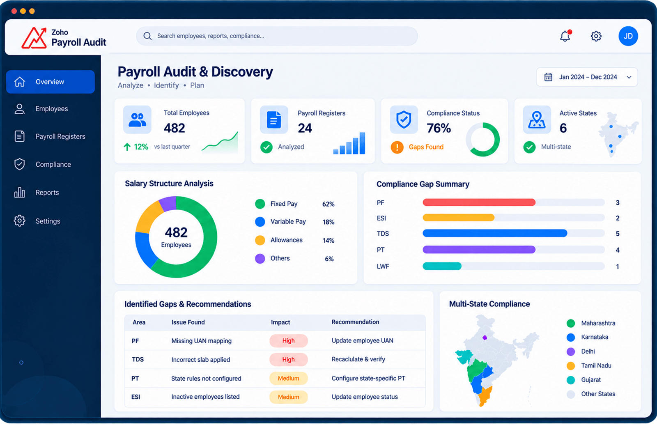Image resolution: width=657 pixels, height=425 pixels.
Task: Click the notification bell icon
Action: click(565, 36)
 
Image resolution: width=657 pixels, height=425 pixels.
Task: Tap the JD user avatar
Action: click(628, 36)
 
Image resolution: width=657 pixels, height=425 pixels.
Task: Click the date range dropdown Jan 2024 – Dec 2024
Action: click(587, 77)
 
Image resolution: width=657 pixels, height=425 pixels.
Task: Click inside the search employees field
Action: click(277, 36)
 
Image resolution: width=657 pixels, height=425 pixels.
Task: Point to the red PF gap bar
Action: click(479, 202)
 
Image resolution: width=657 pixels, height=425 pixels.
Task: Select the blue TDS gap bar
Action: click(495, 234)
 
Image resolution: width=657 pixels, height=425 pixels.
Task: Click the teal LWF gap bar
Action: click(442, 266)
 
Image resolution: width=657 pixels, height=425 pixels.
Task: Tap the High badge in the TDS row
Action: click(289, 360)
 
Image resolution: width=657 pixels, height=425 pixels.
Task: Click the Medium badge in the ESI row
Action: click(289, 397)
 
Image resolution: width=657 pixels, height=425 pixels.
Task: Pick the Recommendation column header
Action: click(355, 322)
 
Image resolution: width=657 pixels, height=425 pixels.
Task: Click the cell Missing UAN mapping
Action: click(202, 341)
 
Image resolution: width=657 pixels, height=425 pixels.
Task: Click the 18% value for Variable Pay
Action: click(328, 222)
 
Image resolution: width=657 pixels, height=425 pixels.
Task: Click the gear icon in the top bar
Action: click(596, 36)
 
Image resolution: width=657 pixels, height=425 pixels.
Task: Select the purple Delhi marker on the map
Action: click(485, 338)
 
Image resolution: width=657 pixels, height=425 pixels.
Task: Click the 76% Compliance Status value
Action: click(439, 128)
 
